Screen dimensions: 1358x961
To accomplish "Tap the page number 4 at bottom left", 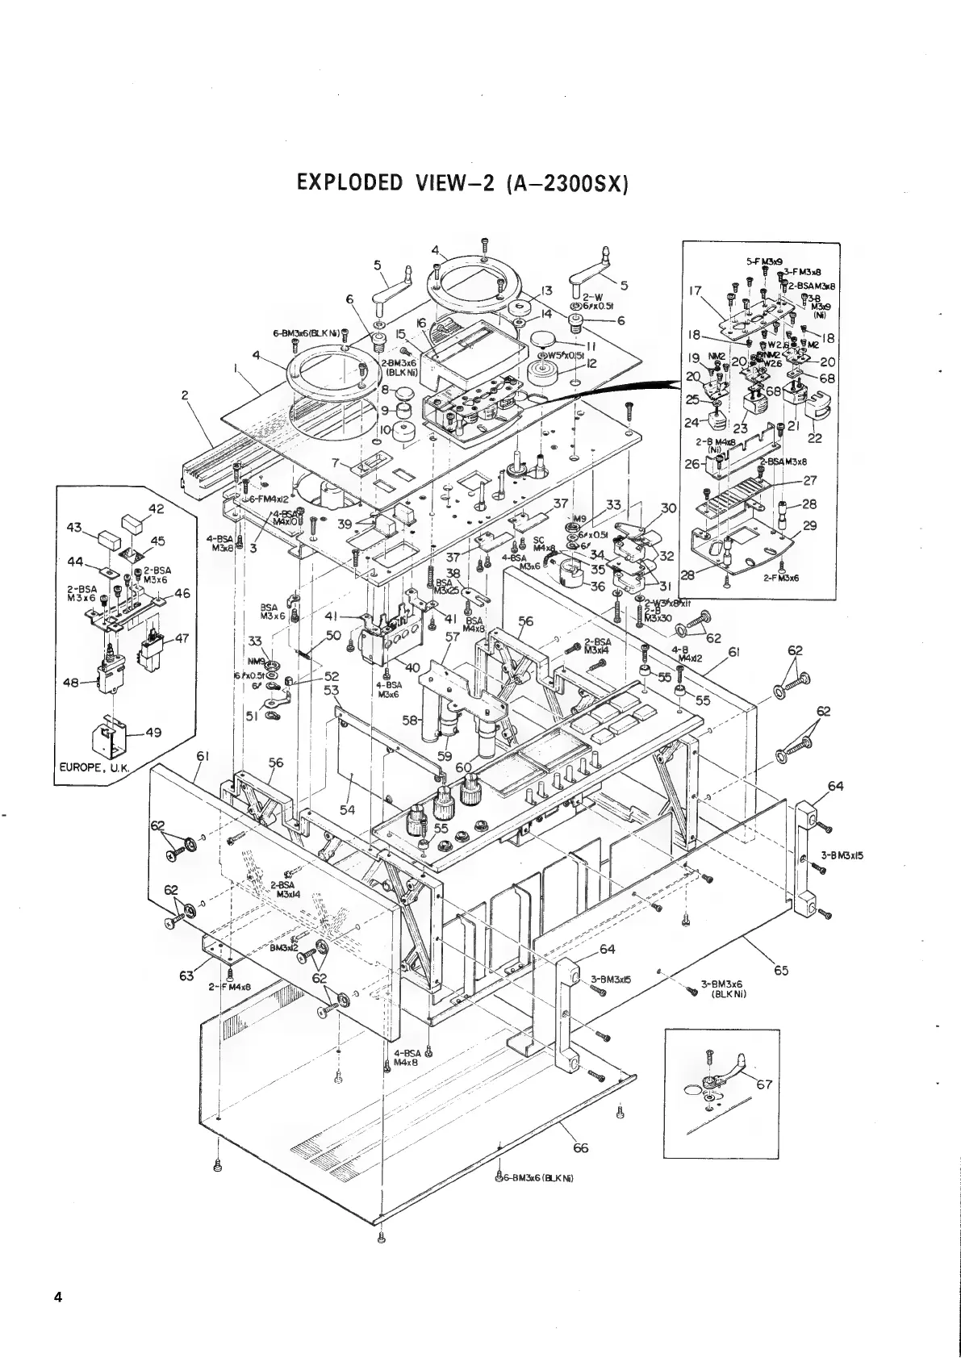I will [x=57, y=1297].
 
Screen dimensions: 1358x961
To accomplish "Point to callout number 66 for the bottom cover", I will [x=580, y=1148].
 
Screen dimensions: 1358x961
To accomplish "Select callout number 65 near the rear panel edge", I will [x=780, y=970].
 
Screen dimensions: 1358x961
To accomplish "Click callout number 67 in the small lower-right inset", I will [x=764, y=1084].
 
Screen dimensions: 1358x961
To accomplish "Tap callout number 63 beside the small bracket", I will [x=186, y=977].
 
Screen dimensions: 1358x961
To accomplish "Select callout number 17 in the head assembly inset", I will [x=696, y=291].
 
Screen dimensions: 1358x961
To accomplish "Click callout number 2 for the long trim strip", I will [x=186, y=395].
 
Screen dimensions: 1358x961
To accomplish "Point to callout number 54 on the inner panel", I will [x=348, y=809].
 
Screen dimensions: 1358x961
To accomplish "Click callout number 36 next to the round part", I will [x=597, y=587].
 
